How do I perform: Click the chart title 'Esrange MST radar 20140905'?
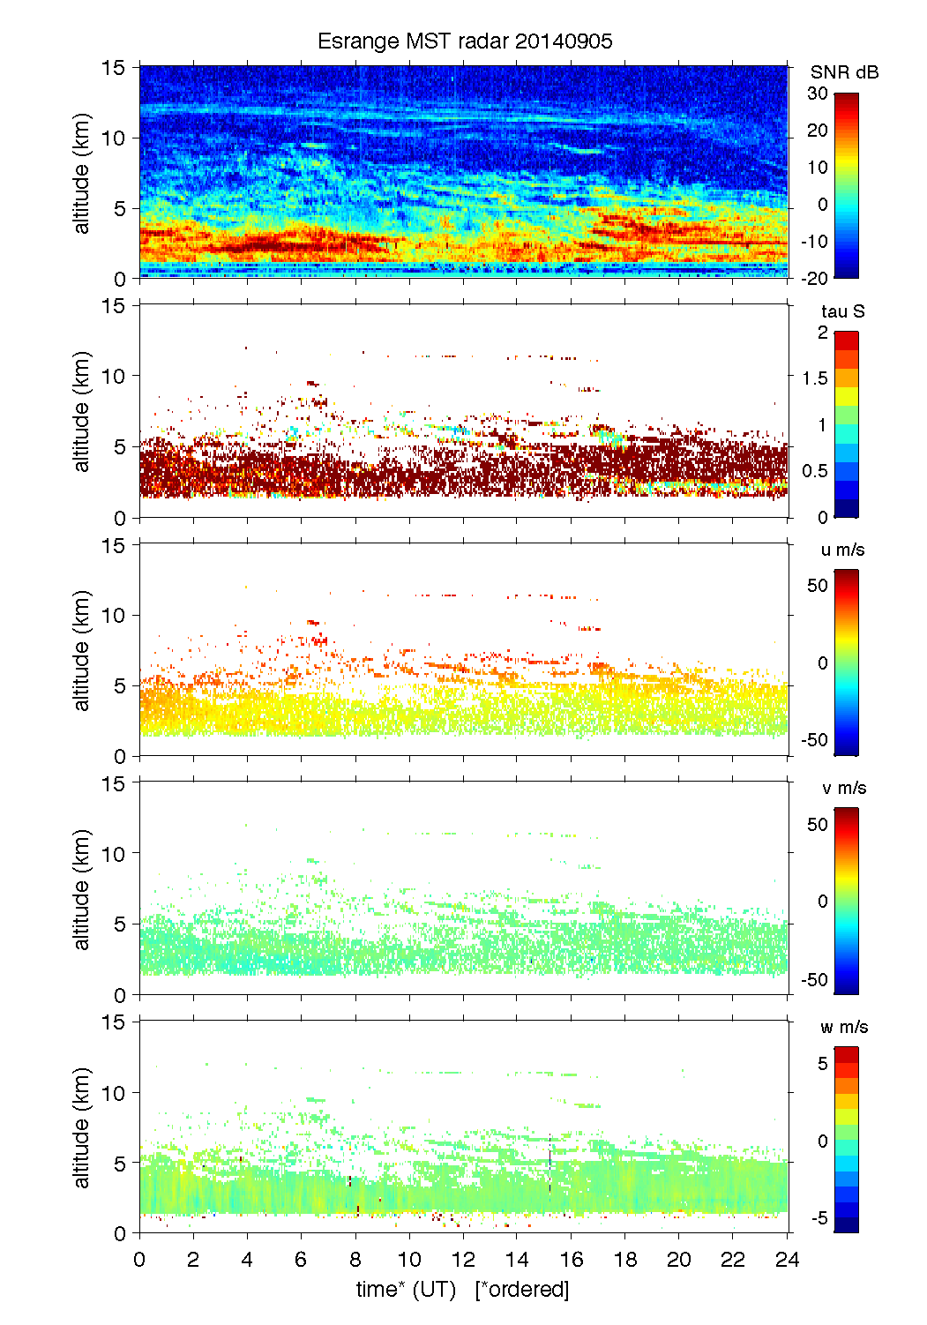click(x=465, y=41)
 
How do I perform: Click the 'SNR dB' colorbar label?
click(x=844, y=72)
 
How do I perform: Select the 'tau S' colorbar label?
click(x=842, y=311)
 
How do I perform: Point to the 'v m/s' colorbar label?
click(x=843, y=788)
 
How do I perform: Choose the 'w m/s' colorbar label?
click(x=844, y=1027)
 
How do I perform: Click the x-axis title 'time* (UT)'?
click(x=406, y=1289)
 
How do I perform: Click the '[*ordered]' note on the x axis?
click(x=522, y=1289)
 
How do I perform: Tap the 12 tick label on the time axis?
click(x=463, y=1259)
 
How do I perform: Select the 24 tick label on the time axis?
click(x=787, y=1259)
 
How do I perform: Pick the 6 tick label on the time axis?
click(x=301, y=1259)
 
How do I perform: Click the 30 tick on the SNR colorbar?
click(x=817, y=94)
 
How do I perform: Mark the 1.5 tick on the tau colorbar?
click(x=815, y=378)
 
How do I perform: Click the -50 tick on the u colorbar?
click(x=815, y=739)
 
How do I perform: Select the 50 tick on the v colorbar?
click(x=818, y=824)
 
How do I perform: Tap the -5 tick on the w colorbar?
click(x=819, y=1217)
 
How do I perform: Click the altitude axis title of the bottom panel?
click(x=82, y=1127)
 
